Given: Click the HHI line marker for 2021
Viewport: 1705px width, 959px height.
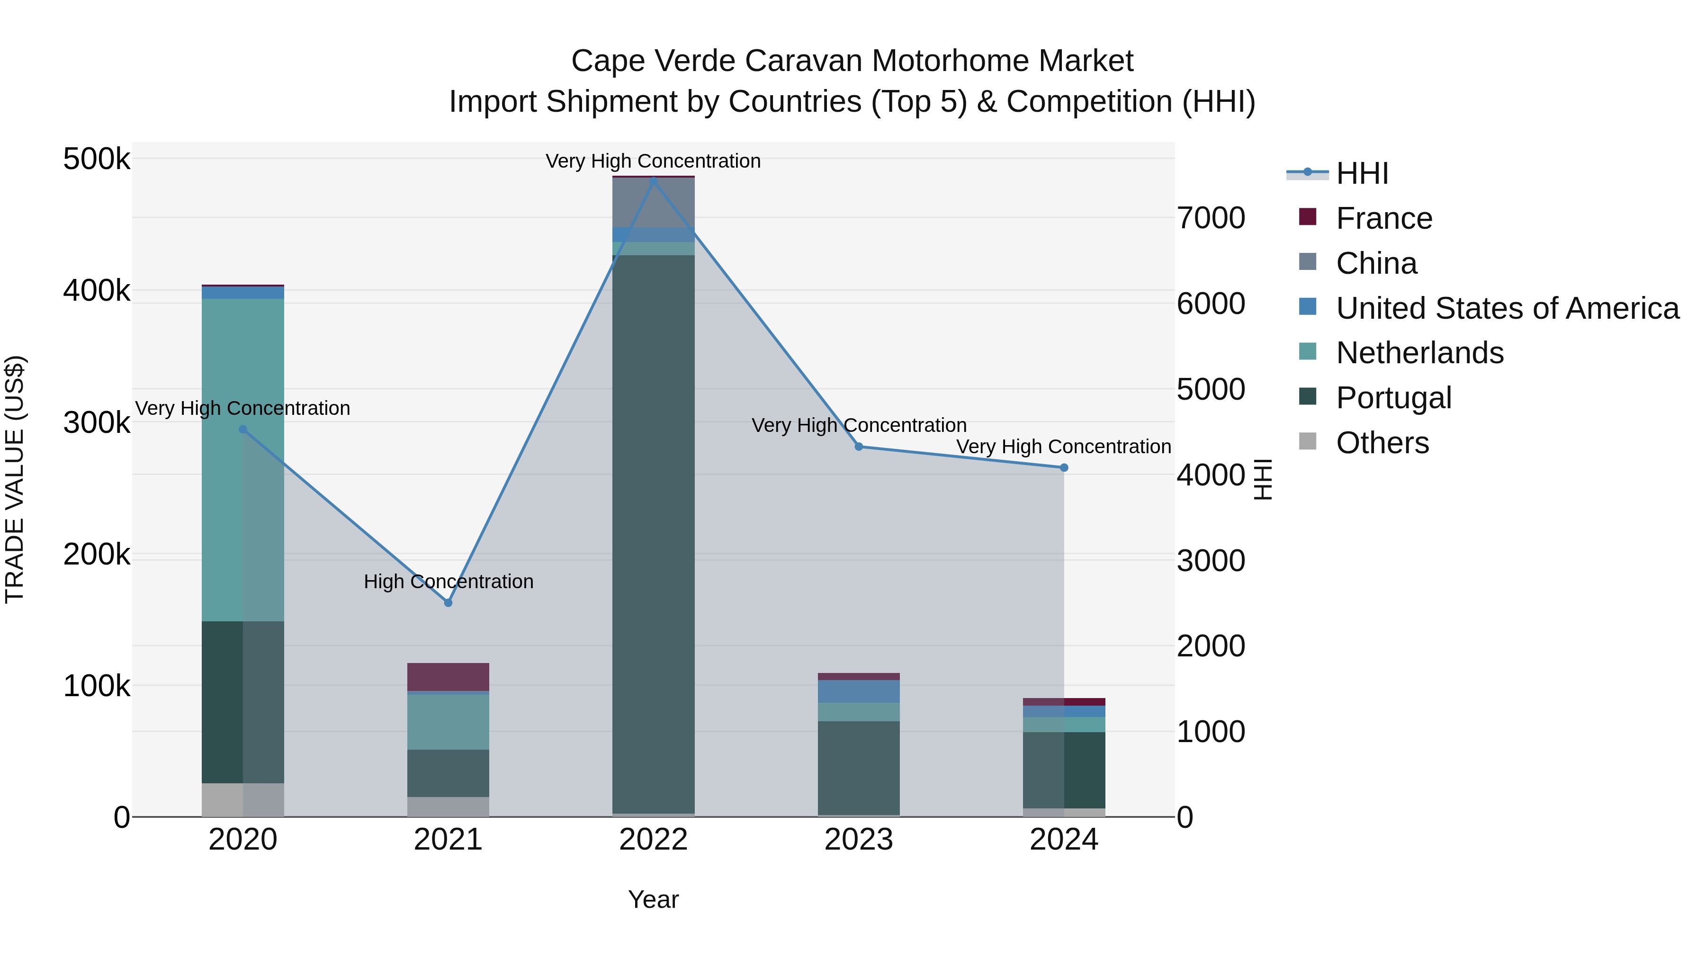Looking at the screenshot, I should click(x=448, y=603).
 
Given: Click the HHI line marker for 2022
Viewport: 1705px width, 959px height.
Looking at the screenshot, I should click(x=653, y=180).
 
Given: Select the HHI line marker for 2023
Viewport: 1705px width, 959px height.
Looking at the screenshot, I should click(x=859, y=447).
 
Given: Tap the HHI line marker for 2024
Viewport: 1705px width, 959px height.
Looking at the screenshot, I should click(x=1064, y=468).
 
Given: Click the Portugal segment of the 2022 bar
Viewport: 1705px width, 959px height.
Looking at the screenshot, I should click(x=653, y=529).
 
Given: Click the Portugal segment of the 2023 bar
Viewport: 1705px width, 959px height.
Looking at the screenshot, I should click(x=859, y=768).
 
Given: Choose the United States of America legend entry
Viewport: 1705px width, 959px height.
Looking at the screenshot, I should click(x=1507, y=308).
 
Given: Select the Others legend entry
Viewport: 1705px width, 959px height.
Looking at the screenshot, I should click(x=1382, y=443).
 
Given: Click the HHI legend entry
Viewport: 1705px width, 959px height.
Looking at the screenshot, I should click(x=1362, y=173).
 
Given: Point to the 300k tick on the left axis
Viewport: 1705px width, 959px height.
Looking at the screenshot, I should click(x=97, y=422).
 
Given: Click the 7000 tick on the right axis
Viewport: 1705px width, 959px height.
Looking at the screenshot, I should click(x=1211, y=218).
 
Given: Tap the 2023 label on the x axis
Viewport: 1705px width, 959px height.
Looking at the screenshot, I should click(x=859, y=840).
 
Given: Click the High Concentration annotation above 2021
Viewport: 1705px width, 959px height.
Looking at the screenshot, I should click(x=448, y=582).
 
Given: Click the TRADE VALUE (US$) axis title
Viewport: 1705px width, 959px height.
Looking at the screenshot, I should click(x=15, y=479).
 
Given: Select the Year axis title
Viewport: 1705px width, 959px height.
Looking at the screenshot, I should click(x=653, y=899).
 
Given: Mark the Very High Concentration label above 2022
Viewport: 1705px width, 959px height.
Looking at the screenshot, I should click(x=653, y=161).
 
